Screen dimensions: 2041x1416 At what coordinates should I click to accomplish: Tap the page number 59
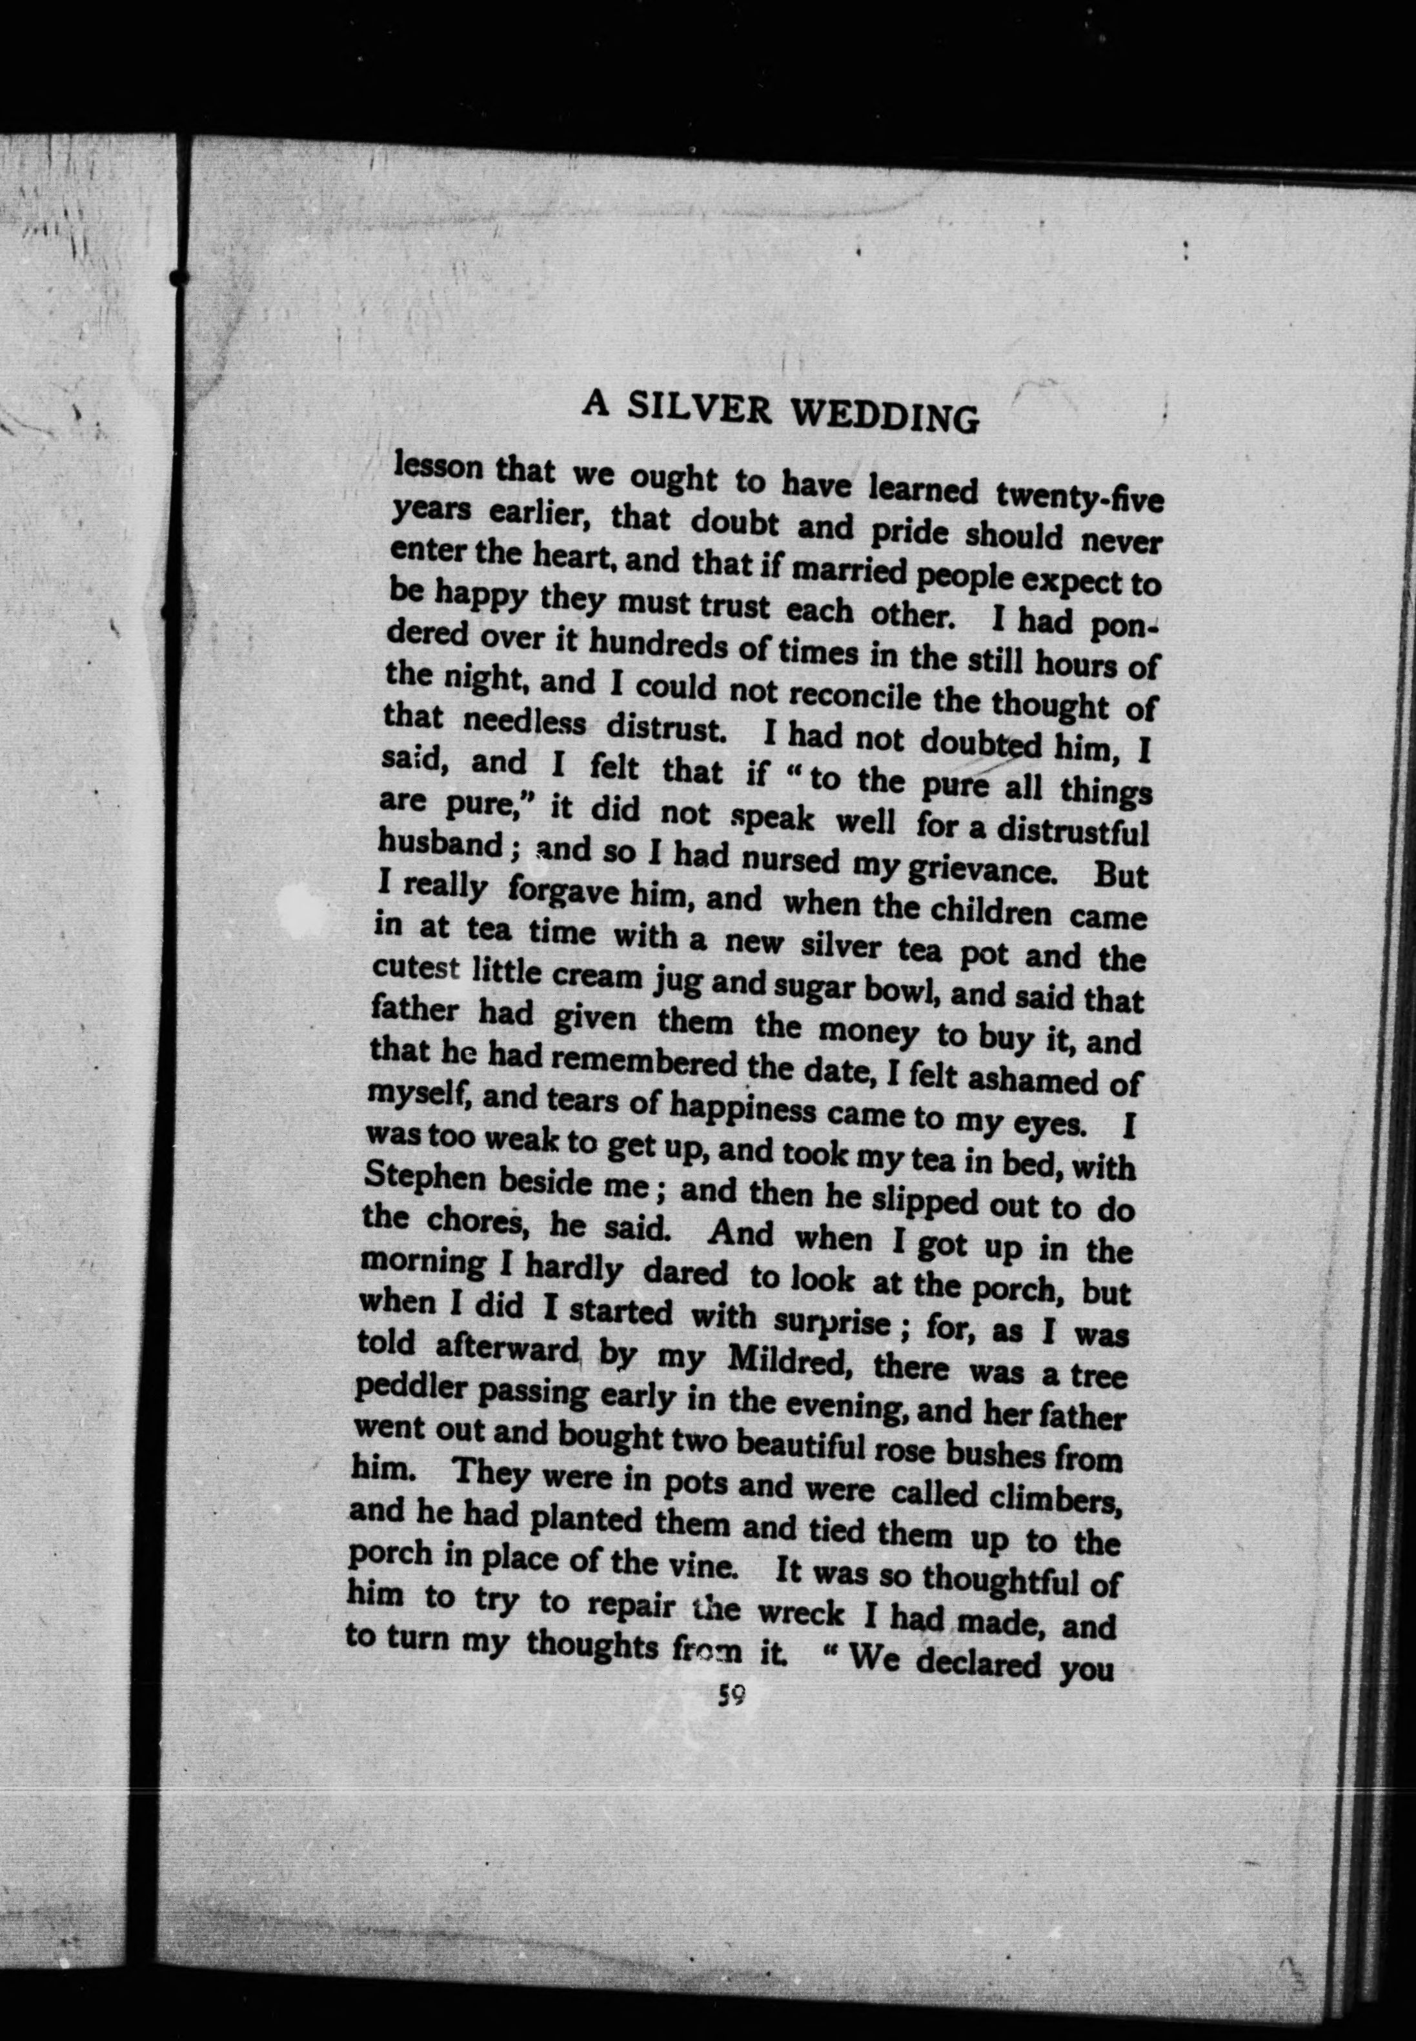pos(732,1697)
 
